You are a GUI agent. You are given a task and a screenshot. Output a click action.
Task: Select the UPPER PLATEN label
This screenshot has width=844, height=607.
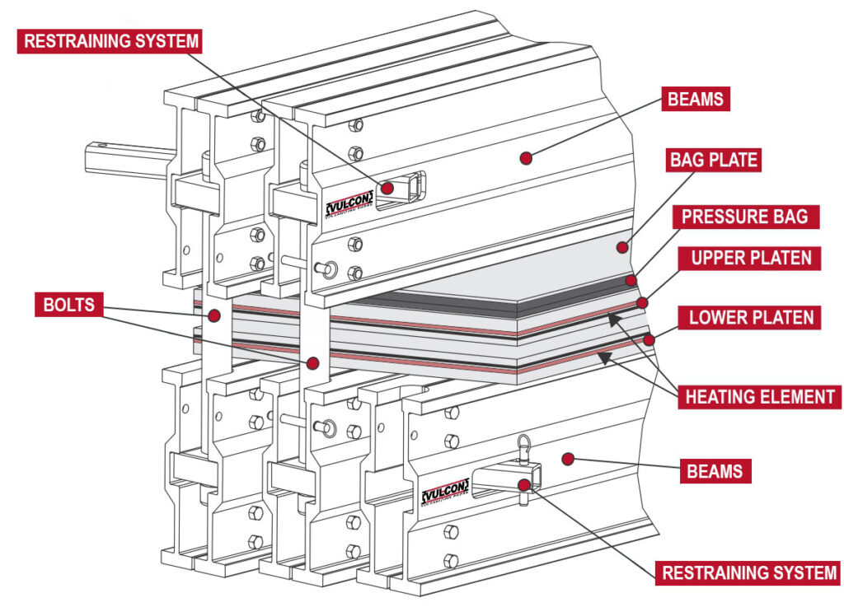pyautogui.click(x=750, y=257)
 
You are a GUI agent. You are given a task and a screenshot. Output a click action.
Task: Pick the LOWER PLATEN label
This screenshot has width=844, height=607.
pyautogui.click(x=750, y=317)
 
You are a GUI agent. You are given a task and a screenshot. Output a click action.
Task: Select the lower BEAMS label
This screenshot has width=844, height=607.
pyautogui.click(x=715, y=472)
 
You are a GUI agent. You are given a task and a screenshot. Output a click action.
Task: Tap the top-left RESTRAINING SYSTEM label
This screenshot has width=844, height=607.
pyautogui.click(x=110, y=40)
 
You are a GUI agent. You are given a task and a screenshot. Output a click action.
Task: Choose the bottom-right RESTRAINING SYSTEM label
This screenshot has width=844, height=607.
pyautogui.click(x=748, y=572)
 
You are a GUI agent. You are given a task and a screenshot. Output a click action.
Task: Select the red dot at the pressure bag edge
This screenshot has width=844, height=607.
pyautogui.click(x=631, y=281)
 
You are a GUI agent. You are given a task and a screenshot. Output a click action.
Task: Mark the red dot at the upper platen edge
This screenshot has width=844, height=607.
pyautogui.click(x=642, y=302)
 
